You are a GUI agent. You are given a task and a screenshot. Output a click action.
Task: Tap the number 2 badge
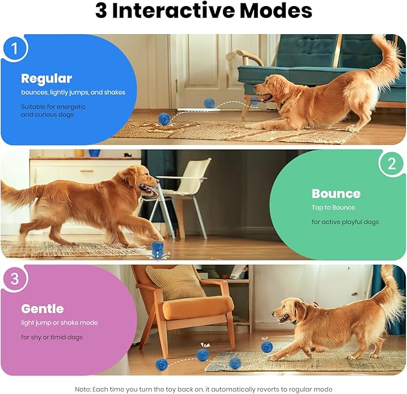391,164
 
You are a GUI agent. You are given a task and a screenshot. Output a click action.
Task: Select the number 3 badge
15,279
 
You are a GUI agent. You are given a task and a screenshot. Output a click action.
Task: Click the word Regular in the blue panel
46,78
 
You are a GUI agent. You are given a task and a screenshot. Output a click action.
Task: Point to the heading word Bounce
336,193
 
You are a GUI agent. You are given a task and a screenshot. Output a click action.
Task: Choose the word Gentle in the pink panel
42,308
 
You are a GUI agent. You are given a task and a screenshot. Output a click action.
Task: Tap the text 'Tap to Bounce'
333,207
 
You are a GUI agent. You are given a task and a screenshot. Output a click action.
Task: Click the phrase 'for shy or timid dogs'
52,337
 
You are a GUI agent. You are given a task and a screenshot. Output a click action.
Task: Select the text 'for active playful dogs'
345,222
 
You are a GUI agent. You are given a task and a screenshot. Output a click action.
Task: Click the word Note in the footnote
82,389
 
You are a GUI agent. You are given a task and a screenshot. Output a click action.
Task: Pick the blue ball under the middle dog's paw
158,246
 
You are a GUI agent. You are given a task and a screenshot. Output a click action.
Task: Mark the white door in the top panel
198,66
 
